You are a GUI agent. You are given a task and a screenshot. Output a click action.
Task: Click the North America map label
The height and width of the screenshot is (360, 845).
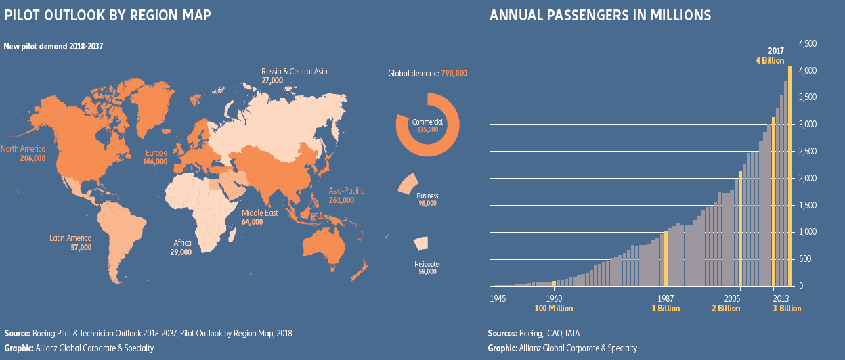pos(23,149)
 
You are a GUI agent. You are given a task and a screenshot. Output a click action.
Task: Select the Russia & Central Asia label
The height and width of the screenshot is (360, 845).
pos(294,71)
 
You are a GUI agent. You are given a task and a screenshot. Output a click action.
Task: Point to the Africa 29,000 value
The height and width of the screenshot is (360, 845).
pos(181,252)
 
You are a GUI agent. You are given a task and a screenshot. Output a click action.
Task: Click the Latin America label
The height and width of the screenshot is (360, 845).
pos(70,238)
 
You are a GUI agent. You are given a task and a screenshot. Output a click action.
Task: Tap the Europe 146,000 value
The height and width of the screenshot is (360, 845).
pos(155,162)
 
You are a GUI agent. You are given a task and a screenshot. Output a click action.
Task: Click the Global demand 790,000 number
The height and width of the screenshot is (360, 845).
pos(454,73)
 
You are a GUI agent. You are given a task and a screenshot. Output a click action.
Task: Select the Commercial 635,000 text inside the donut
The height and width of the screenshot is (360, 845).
pos(427,125)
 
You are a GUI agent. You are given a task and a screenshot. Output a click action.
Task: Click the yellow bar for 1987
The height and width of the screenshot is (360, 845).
pos(666,258)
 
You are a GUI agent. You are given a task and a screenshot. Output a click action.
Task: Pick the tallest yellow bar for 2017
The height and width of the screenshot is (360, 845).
pos(789,175)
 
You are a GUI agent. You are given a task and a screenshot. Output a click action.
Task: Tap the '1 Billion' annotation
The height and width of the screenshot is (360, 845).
pos(666,309)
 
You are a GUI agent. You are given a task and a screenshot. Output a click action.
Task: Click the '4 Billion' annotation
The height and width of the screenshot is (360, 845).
pos(770,60)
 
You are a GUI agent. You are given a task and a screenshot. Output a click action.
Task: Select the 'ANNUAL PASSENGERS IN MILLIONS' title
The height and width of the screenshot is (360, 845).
pos(600,15)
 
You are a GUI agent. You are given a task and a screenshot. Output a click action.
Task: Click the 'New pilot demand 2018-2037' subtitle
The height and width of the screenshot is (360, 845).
pos(53,45)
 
